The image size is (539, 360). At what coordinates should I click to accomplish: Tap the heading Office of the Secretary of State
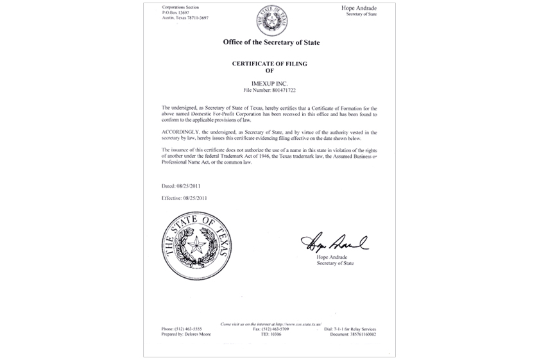tap(270, 42)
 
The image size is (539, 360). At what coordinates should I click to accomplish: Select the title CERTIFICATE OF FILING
tap(269, 65)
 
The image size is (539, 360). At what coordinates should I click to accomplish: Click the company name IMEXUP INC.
tap(269, 83)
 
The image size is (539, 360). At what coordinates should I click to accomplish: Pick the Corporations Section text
tap(182, 6)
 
